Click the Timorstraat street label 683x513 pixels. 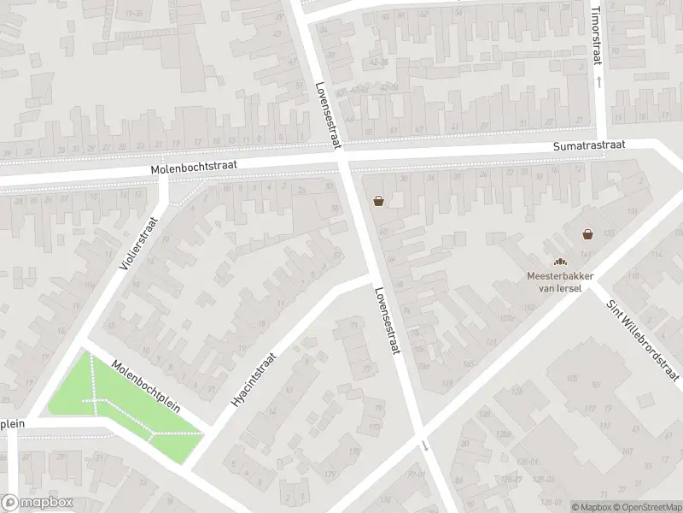click(x=597, y=33)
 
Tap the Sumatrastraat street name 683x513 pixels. click(x=590, y=147)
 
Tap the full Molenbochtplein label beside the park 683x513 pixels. click(x=145, y=385)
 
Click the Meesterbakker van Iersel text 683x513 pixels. click(x=559, y=281)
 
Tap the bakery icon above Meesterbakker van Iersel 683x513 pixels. click(x=560, y=262)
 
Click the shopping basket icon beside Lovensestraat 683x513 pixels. click(x=378, y=201)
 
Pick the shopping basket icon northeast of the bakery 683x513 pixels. click(x=587, y=233)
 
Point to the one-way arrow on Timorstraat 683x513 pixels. click(x=598, y=82)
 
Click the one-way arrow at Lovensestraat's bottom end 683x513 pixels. click(x=425, y=445)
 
